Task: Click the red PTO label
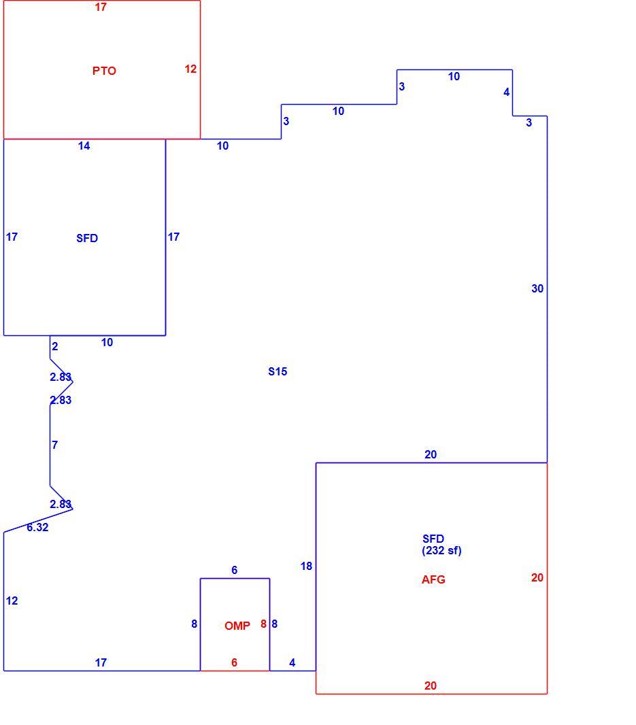click(104, 71)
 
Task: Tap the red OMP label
click(237, 626)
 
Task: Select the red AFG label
click(433, 579)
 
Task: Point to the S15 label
click(278, 371)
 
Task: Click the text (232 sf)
click(441, 550)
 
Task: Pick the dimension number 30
click(537, 288)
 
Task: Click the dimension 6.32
click(37, 527)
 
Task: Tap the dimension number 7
click(55, 445)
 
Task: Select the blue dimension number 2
click(55, 346)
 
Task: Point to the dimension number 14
click(84, 146)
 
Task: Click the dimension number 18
click(306, 566)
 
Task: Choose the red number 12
click(190, 69)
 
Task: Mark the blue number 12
click(12, 601)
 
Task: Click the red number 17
click(101, 7)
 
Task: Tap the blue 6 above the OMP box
click(235, 570)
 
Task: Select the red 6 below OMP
click(235, 662)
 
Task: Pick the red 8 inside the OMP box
click(264, 624)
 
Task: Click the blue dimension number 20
click(431, 454)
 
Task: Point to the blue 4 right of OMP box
click(292, 662)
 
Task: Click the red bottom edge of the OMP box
click(235, 671)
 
